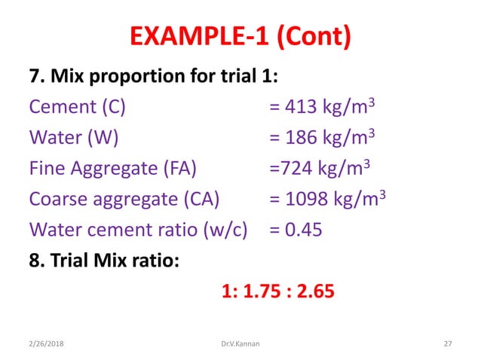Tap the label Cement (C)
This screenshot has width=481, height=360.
(77, 107)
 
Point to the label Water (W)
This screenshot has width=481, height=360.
(73, 138)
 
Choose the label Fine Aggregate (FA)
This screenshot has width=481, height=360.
(113, 168)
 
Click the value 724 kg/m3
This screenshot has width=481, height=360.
(320, 168)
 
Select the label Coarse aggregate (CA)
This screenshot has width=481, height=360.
(124, 199)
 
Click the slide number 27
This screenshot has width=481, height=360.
(447, 343)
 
